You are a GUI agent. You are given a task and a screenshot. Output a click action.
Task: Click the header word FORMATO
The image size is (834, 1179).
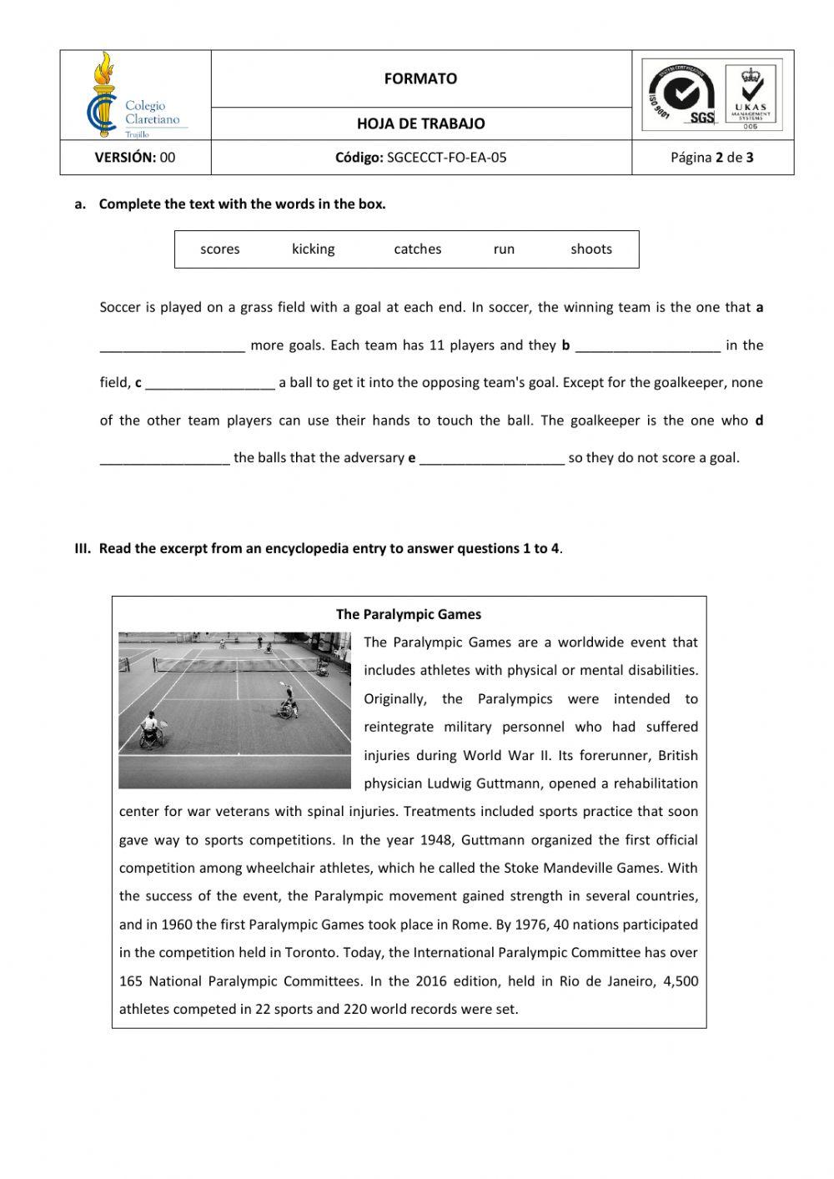(x=420, y=78)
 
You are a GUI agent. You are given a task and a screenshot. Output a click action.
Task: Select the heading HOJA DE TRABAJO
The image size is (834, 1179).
(x=420, y=123)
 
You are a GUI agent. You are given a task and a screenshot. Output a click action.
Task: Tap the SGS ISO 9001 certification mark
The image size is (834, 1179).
(x=681, y=96)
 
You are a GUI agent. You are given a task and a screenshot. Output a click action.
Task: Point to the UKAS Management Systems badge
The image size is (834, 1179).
(x=751, y=96)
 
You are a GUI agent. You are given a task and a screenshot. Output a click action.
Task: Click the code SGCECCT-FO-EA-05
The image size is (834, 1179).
(x=446, y=157)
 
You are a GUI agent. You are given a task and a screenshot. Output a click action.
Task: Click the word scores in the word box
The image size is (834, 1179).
(x=219, y=249)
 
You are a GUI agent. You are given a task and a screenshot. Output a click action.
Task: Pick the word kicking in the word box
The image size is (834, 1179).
(x=313, y=249)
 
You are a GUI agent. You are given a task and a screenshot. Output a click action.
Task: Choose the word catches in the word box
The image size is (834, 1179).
(x=417, y=249)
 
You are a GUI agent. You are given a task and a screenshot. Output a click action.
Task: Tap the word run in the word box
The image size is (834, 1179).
(x=504, y=249)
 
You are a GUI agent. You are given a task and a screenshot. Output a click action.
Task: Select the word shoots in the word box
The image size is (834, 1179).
(x=590, y=249)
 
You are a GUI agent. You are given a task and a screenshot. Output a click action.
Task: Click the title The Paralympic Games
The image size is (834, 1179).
(x=409, y=614)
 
